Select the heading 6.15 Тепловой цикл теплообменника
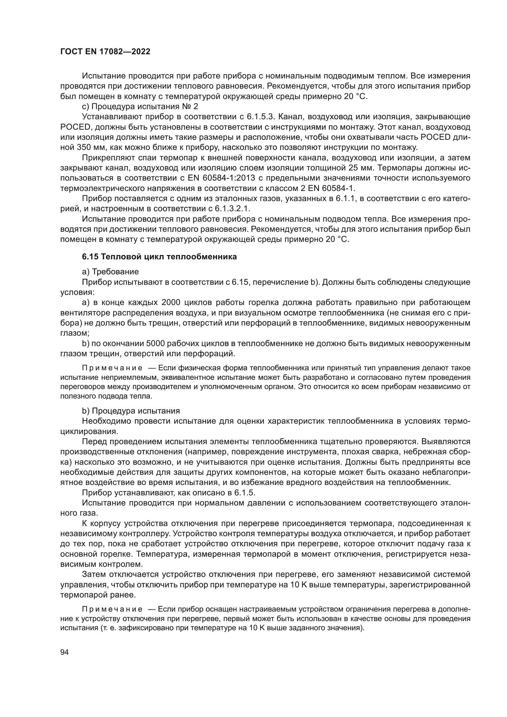pos(159,257)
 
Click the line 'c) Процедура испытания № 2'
pos(140,106)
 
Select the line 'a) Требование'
pos(110,272)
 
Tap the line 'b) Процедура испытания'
pos(131,411)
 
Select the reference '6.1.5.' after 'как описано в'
pos(245,493)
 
